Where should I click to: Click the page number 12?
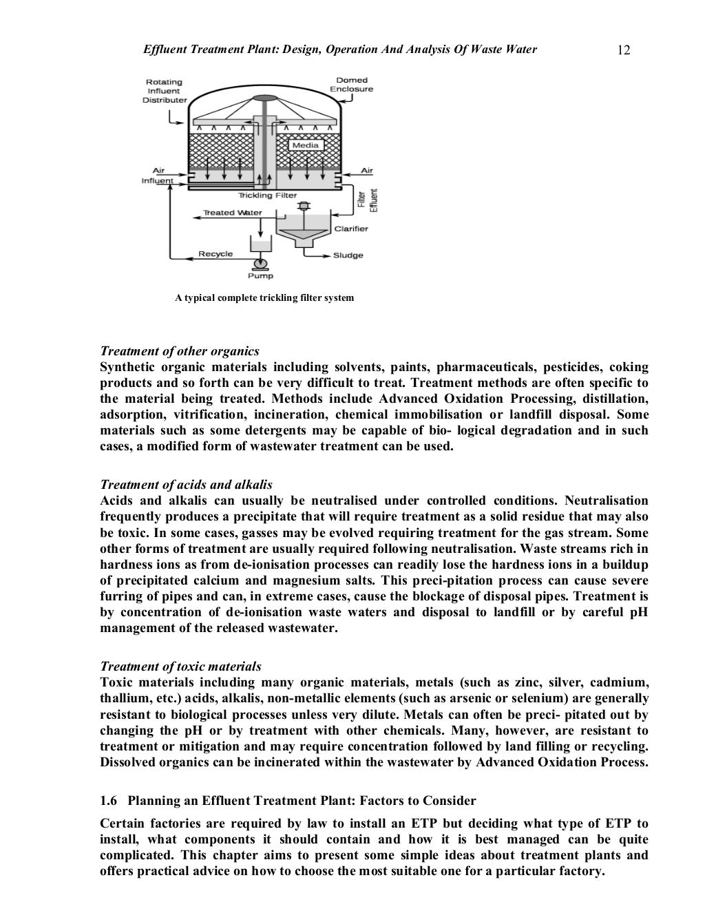(624, 50)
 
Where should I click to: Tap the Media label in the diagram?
(305, 145)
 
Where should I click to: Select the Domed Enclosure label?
(351, 85)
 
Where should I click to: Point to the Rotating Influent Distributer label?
(164, 91)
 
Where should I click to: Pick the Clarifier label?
(350, 229)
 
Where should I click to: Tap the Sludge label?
(348, 255)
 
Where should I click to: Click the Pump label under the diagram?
(260, 276)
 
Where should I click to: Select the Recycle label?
(215, 254)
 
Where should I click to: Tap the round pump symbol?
(260, 264)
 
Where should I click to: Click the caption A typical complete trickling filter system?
(264, 298)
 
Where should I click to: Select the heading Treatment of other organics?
(180, 351)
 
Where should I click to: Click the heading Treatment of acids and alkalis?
(186, 485)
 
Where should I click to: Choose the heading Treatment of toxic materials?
(180, 667)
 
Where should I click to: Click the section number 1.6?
(109, 801)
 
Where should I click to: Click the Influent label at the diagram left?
(157, 181)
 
